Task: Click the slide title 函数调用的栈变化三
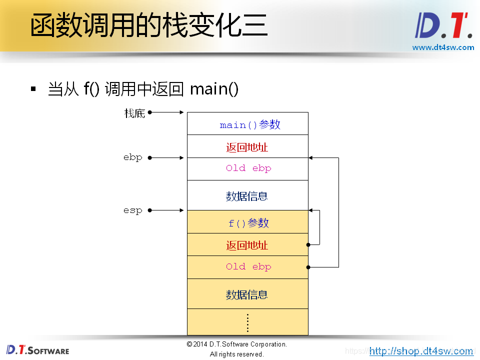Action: click(148, 25)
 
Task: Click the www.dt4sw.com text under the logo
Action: click(443, 47)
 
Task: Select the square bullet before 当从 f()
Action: click(33, 89)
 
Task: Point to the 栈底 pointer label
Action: click(134, 113)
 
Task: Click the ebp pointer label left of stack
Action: click(133, 157)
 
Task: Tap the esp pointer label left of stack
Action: click(133, 210)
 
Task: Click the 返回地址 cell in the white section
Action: click(247, 147)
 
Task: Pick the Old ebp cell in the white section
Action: click(248, 168)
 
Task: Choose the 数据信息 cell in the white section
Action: click(247, 196)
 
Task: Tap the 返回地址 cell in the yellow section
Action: click(247, 245)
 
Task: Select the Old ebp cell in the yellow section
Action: click(248, 267)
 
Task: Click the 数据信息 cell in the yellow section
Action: click(247, 294)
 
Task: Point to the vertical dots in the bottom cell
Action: click(247, 322)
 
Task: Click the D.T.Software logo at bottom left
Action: click(38, 350)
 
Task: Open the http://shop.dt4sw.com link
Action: click(421, 351)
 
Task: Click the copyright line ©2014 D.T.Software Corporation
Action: click(237, 344)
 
